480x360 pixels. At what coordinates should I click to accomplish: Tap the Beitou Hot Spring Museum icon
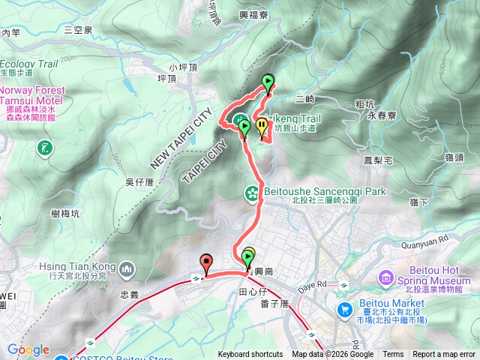pos(387,278)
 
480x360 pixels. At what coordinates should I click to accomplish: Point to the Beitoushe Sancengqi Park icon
pos(251,194)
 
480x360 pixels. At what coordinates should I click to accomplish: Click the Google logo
pos(28,350)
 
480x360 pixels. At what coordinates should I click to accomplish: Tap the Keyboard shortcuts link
pos(250,355)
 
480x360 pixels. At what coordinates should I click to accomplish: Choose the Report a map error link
pos(444,355)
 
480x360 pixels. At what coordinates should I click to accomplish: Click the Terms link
pos(393,355)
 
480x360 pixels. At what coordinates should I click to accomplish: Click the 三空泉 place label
pos(78,30)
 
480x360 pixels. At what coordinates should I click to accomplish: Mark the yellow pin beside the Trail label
pos(262,127)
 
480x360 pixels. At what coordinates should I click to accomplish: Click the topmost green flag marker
pos(268,83)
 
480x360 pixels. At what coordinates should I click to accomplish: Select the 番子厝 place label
pos(274,304)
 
